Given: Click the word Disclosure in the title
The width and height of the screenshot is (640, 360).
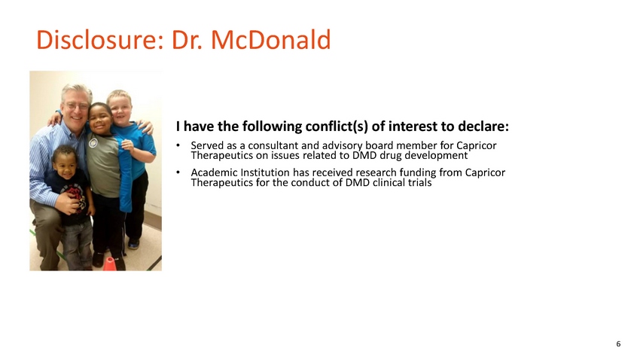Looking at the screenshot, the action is tap(100, 40).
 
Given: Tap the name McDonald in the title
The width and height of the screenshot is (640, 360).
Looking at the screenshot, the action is tap(271, 40).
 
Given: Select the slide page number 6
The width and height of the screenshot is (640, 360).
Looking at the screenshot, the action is tap(618, 343).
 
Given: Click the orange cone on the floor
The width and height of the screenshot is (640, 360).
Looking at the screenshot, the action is tap(109, 264).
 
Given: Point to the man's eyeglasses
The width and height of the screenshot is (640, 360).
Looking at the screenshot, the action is tap(77, 106).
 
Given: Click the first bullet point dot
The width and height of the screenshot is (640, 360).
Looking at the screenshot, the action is tap(178, 145).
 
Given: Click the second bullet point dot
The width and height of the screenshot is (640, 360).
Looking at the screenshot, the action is tap(178, 172).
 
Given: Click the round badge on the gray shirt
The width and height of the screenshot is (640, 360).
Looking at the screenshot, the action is tap(93, 143).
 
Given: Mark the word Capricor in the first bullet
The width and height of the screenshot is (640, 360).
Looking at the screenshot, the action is tap(477, 145).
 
